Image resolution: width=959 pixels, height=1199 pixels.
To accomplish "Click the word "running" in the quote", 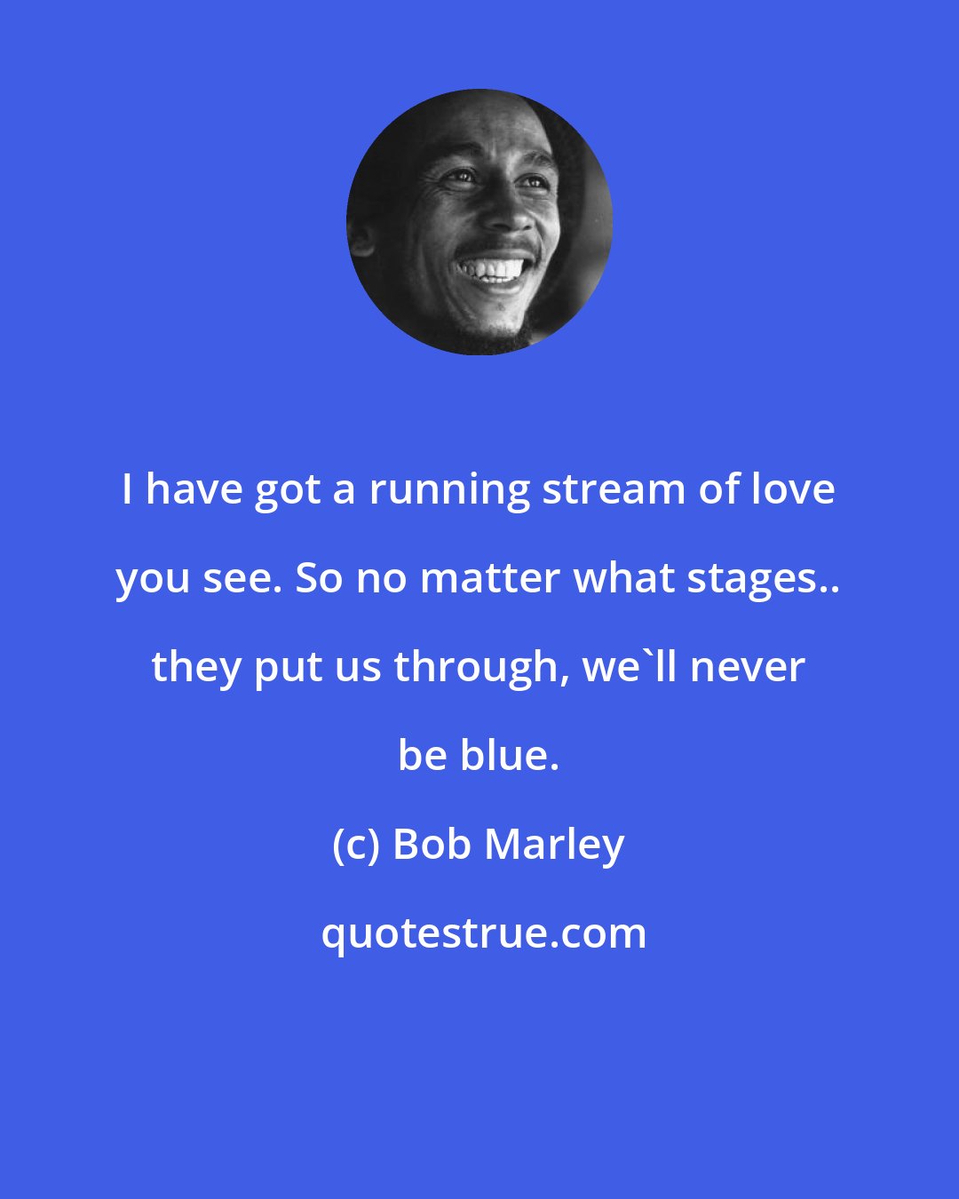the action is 449,491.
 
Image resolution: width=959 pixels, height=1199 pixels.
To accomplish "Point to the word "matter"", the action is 490,579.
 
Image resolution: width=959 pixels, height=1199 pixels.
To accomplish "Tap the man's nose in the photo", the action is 508,215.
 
